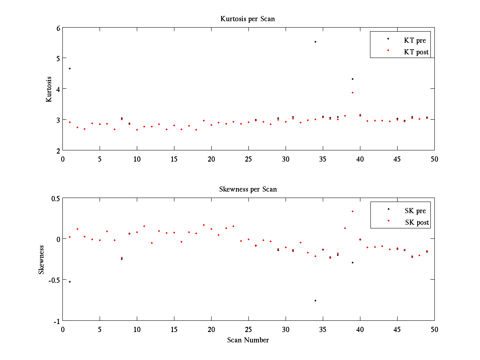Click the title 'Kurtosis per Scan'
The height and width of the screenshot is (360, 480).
coord(248,19)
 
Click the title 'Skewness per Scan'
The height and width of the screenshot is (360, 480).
coord(248,189)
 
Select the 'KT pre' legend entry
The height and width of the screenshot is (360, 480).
coord(415,40)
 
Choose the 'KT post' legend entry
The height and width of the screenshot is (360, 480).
coord(416,52)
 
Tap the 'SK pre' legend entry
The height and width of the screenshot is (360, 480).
coord(415,211)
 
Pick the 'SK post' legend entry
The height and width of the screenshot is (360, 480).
coord(416,222)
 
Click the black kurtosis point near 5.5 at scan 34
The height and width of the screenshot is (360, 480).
coord(315,42)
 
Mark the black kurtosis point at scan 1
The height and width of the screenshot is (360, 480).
coord(70,68)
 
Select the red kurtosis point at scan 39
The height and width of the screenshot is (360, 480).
coord(352,92)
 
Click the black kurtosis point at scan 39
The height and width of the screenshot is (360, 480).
coord(352,79)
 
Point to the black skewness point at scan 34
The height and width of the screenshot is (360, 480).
coord(315,300)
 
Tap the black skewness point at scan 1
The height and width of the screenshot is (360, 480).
coord(70,282)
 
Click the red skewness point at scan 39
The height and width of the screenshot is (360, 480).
coord(352,211)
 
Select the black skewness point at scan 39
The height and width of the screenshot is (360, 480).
coord(352,262)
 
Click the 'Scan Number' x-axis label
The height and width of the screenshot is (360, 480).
coord(248,340)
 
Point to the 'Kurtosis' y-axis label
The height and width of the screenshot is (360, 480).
coord(49,89)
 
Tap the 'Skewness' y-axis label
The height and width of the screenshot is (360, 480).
coord(41,260)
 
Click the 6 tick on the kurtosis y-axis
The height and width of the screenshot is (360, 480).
coord(58,28)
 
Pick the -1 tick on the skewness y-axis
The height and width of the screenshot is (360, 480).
coord(56,321)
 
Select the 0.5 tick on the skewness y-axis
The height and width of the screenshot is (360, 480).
coord(55,198)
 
